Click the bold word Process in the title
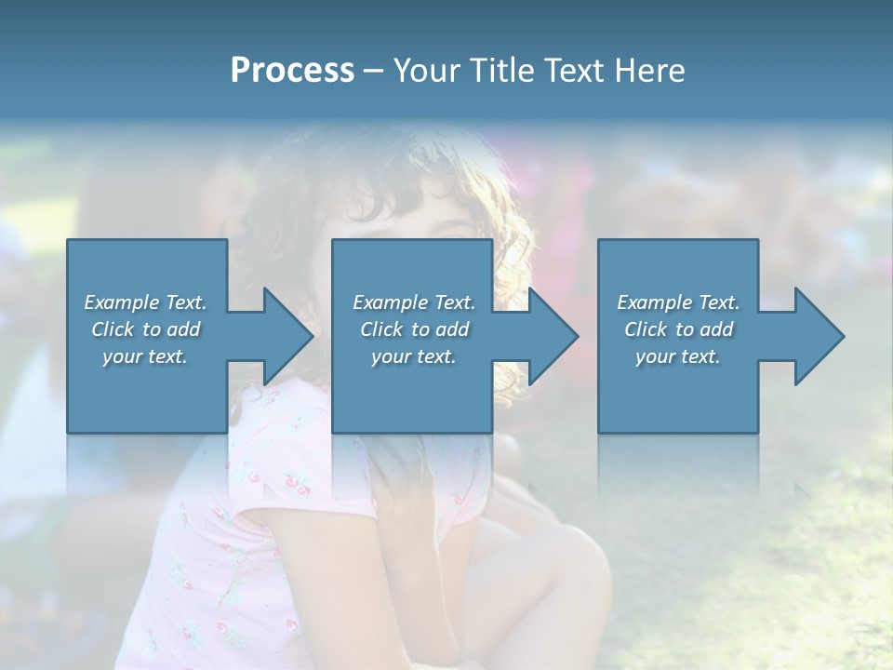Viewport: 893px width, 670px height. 292,71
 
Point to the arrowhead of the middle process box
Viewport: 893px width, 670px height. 552,336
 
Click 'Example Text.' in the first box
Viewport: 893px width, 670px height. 145,302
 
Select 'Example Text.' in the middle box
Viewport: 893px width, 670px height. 414,302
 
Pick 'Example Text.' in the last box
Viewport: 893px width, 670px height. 678,302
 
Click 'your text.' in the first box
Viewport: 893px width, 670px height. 145,356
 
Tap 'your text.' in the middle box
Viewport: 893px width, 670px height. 414,356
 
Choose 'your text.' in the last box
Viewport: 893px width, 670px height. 678,356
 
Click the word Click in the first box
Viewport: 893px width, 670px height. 112,329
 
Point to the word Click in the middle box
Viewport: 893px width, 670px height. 380,329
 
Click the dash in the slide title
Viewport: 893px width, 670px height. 373,71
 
